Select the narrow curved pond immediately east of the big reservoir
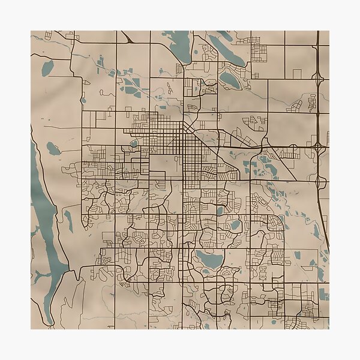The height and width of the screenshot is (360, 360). coord(68,221)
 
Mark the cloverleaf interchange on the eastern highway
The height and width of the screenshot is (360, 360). coord(317,146)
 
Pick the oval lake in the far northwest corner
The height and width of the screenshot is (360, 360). coord(47,68)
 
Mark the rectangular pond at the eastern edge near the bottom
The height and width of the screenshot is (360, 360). coord(324,294)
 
